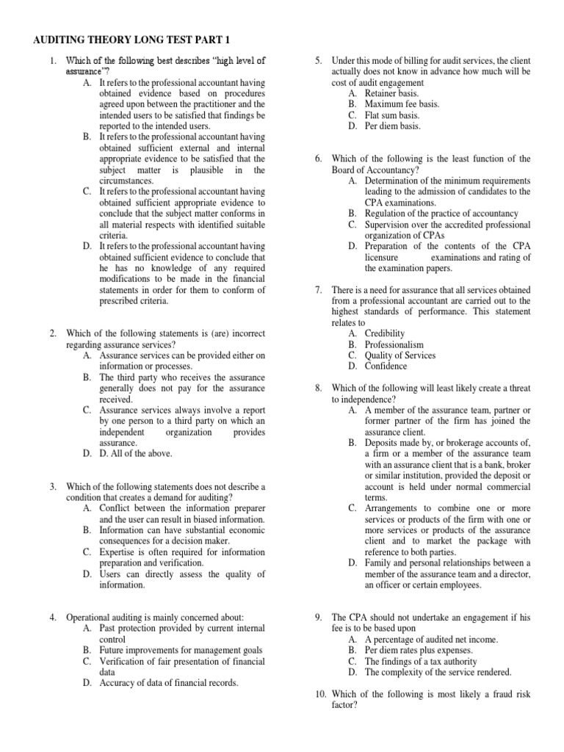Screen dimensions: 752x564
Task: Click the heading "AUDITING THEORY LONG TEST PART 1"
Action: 134,39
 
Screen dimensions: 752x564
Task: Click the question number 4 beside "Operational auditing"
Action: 54,617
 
